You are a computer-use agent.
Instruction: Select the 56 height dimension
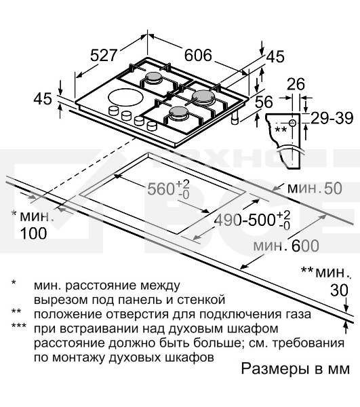(x=263, y=102)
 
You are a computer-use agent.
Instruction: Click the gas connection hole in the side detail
(x=292, y=122)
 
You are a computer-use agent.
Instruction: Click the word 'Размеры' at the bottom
(x=269, y=370)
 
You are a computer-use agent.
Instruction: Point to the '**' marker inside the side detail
(x=280, y=129)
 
